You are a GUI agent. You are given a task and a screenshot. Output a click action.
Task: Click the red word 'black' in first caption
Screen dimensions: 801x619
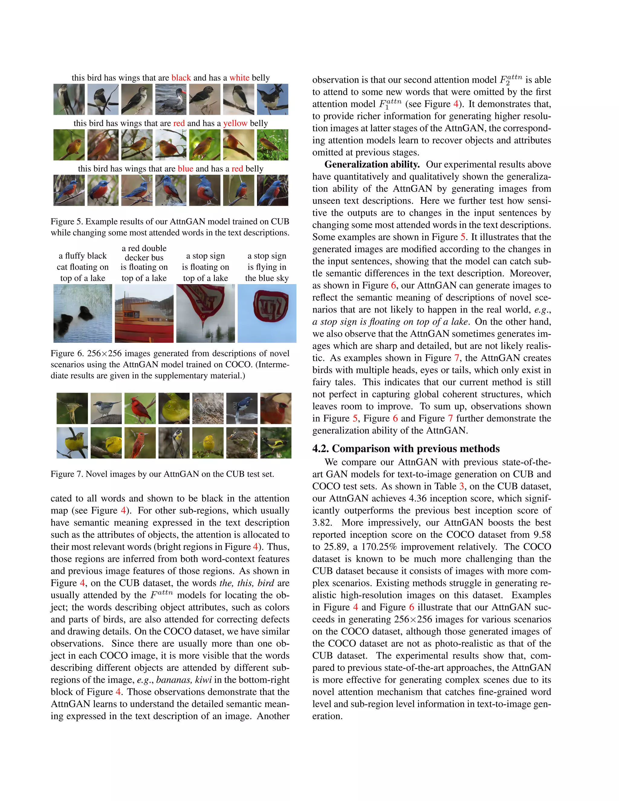(x=181, y=78)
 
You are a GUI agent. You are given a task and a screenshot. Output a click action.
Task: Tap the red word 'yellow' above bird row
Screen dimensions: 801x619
(x=235, y=123)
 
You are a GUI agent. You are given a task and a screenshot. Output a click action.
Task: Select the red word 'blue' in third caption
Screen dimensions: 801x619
(x=185, y=169)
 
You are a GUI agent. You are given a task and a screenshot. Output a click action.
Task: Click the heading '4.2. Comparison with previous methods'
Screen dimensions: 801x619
(x=406, y=449)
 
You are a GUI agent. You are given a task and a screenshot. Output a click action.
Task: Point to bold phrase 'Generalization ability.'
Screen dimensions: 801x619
(x=372, y=164)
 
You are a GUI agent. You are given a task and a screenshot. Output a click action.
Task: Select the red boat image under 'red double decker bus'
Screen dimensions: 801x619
(x=144, y=313)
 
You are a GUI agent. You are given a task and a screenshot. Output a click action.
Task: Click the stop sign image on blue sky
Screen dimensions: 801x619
(x=267, y=313)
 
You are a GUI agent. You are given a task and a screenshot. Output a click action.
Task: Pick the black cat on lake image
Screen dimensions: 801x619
(x=83, y=313)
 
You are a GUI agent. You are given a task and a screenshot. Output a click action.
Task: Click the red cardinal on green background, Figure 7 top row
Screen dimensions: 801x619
(x=140, y=408)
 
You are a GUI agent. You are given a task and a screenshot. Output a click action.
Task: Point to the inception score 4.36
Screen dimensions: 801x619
(x=418, y=498)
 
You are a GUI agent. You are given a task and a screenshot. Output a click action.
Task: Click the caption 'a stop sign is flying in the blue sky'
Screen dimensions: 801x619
(x=267, y=267)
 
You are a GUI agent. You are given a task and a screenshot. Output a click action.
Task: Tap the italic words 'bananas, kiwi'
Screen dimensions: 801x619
(x=184, y=680)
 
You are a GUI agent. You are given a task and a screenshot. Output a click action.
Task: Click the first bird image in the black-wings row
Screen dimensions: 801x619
(x=69, y=99)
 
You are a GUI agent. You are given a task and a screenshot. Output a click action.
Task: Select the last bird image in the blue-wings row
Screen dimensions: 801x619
(x=272, y=190)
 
